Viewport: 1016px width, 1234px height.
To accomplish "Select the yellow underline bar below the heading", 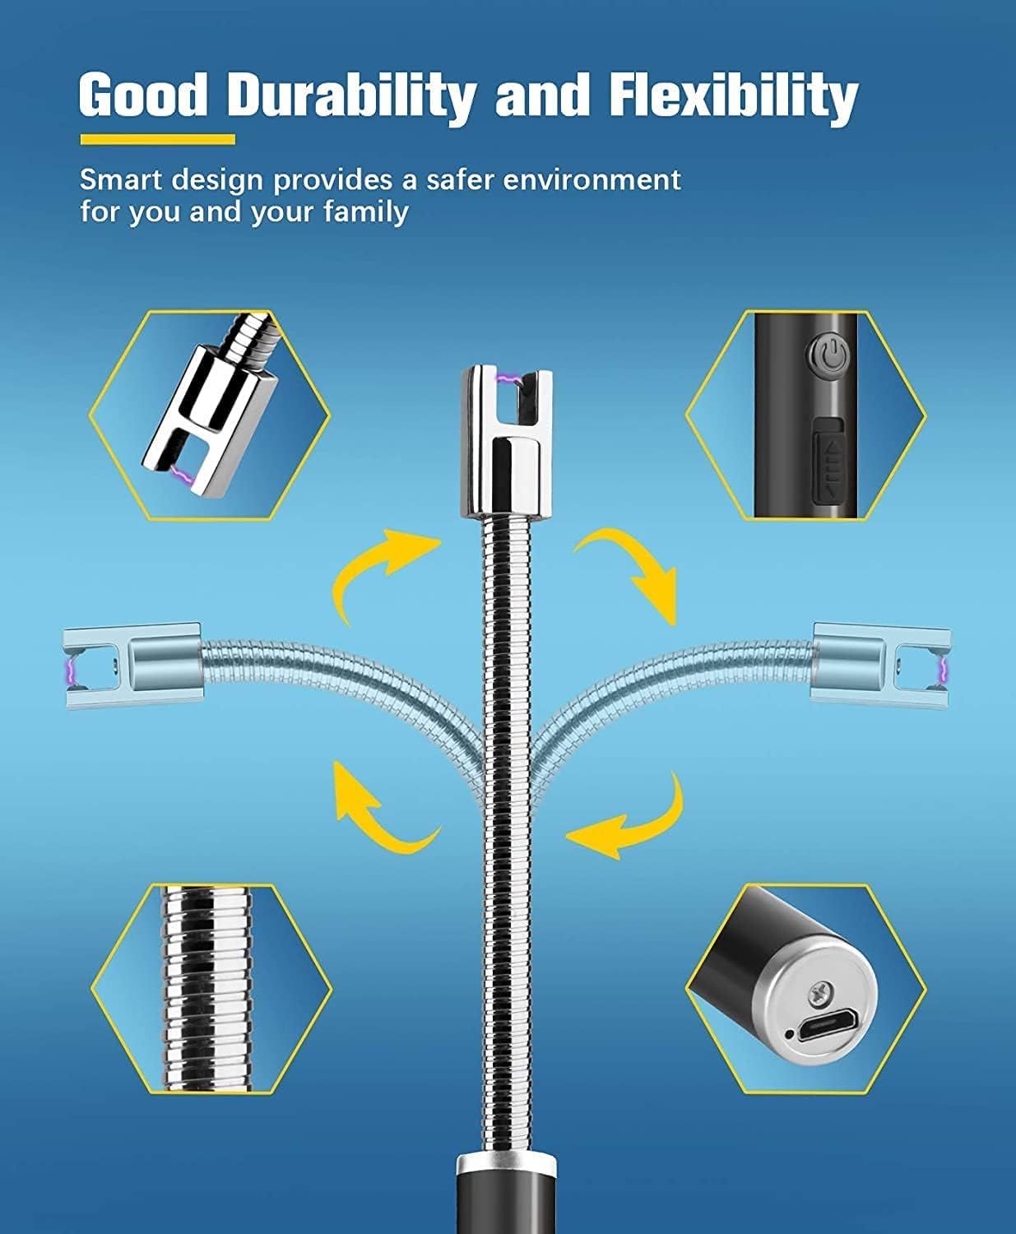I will (x=157, y=140).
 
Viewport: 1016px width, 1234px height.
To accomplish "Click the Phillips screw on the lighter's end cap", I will (x=820, y=992).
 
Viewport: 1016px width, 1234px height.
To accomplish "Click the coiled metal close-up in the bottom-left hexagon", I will (x=211, y=987).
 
